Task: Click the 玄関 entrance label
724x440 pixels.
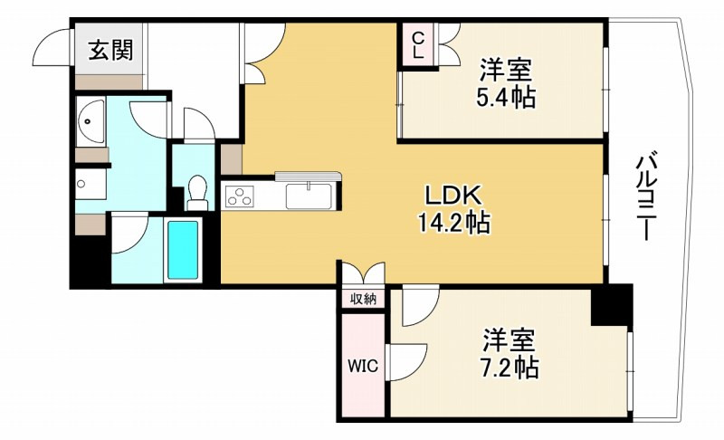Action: [110, 50]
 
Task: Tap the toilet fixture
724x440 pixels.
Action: [197, 193]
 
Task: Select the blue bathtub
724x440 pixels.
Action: [183, 250]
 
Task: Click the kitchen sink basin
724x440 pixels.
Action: [309, 196]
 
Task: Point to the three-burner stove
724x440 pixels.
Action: [239, 196]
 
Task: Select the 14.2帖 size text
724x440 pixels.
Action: [454, 223]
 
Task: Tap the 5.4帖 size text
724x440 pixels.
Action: [506, 98]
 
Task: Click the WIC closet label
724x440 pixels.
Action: [363, 367]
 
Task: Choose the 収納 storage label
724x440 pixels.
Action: [363, 300]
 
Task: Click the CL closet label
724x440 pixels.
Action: [417, 44]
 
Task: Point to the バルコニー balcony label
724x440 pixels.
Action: [645, 197]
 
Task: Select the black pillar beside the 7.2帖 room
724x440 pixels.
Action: [612, 305]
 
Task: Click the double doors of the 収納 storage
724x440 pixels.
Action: [364, 273]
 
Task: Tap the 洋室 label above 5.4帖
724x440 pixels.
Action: [506, 71]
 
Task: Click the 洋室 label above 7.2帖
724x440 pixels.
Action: [509, 340]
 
